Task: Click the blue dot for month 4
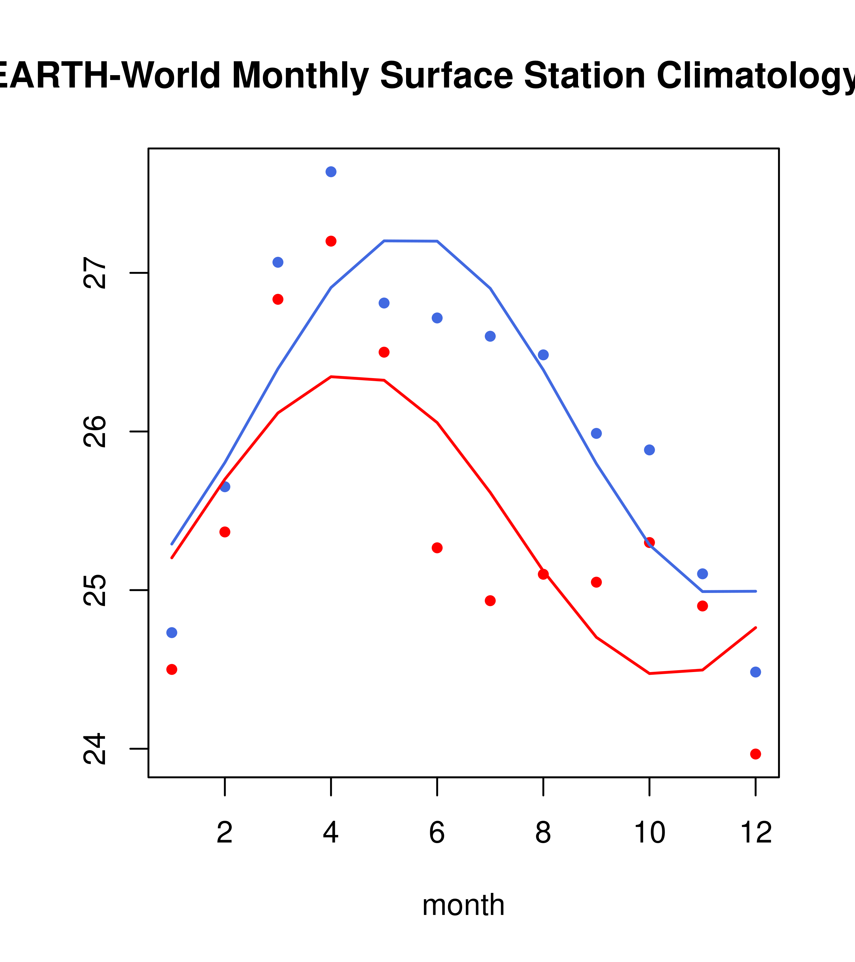(x=331, y=172)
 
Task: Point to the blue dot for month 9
(x=596, y=433)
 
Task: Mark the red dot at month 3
(x=278, y=299)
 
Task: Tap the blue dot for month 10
(x=649, y=450)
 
